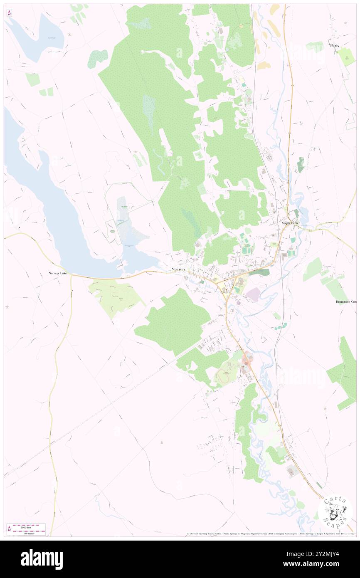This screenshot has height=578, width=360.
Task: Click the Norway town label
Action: click(x=178, y=269)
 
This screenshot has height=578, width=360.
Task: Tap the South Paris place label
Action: click(x=290, y=223)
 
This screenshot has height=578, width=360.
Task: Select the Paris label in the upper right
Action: click(x=335, y=46)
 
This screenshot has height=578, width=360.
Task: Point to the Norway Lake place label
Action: click(x=57, y=274)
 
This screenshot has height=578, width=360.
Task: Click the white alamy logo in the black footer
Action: click(x=42, y=559)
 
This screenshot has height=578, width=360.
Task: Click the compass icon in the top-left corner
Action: click(x=9, y=13)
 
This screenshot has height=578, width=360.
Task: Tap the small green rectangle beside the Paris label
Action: click(x=346, y=57)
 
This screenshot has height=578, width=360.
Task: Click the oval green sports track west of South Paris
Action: click(x=247, y=250)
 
